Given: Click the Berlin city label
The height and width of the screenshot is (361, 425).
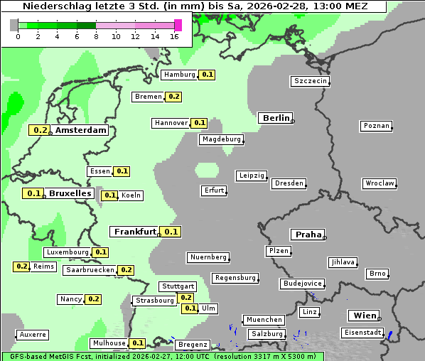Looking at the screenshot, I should click(x=275, y=118).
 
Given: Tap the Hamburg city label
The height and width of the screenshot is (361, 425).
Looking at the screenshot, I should click(x=179, y=75).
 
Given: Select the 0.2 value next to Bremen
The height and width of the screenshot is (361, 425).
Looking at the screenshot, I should click(x=174, y=97).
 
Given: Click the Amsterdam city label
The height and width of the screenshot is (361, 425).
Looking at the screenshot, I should click(x=80, y=130).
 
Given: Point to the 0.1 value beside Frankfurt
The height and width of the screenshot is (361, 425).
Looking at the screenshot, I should click(x=171, y=232).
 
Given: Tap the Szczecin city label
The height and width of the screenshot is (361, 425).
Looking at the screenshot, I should click(x=311, y=81).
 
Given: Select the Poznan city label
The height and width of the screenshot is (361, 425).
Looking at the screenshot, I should click(x=377, y=126).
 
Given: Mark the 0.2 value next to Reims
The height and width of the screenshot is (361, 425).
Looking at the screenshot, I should click(x=21, y=266).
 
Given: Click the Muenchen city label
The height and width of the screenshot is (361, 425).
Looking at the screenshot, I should click(x=264, y=320).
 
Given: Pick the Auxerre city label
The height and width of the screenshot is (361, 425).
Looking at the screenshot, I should click(x=33, y=334).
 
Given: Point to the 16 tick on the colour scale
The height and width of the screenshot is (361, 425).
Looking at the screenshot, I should click(x=175, y=36).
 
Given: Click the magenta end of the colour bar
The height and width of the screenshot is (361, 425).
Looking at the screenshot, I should click(x=178, y=25).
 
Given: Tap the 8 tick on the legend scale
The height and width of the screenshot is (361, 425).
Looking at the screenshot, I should click(x=96, y=36).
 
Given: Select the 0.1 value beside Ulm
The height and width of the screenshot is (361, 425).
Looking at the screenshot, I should click(x=190, y=308).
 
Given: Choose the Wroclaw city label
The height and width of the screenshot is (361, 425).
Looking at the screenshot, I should click(x=380, y=183).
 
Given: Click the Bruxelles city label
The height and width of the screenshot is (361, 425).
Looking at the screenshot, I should click(x=70, y=193).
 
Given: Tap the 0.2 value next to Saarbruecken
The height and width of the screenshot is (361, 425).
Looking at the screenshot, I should click(x=126, y=270).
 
